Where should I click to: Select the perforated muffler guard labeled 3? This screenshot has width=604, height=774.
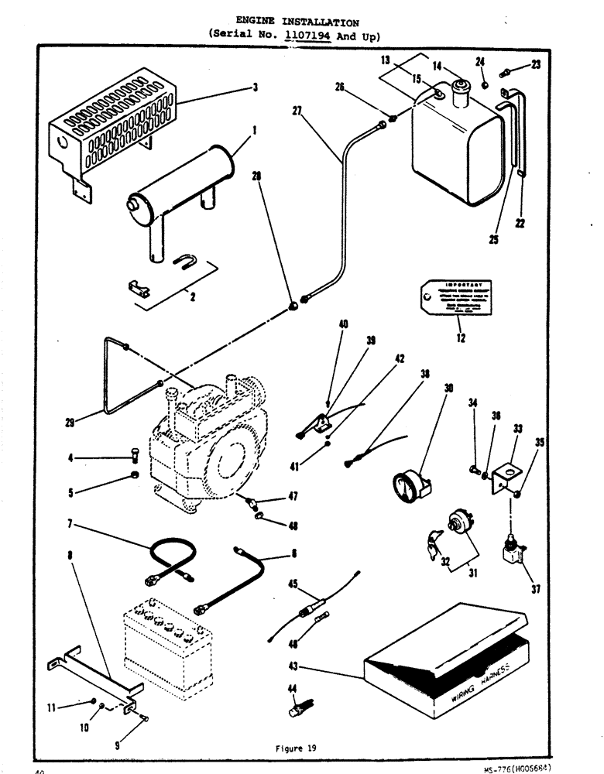click(x=112, y=124)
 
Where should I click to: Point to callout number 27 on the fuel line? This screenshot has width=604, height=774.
click(x=297, y=111)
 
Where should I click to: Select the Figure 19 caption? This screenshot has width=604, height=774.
click(x=296, y=748)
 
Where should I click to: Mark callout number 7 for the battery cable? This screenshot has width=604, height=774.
click(x=70, y=524)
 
